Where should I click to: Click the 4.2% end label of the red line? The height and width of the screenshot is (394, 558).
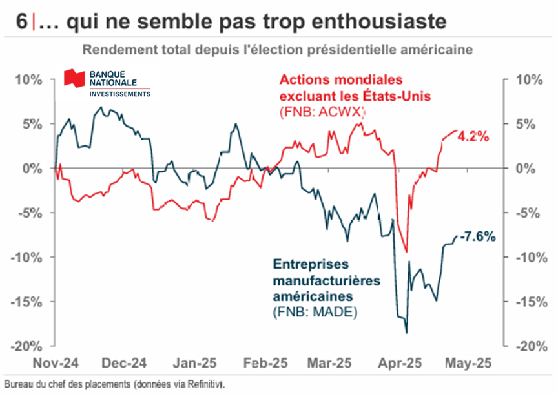(473, 136)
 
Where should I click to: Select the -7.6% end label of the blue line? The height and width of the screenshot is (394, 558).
(477, 236)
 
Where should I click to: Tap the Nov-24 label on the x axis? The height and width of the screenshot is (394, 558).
(56, 363)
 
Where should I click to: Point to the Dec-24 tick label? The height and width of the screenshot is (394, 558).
(124, 363)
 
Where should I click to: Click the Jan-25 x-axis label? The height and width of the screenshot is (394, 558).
(194, 363)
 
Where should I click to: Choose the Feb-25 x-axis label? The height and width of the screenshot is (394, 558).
(265, 363)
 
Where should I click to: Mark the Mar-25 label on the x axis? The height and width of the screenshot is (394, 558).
(329, 363)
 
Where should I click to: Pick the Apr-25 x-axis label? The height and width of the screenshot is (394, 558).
(400, 363)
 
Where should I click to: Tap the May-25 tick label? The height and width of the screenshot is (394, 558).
(469, 363)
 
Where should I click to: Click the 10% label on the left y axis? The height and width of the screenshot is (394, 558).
(29, 79)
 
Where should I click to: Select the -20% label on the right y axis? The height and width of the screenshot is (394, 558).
(532, 346)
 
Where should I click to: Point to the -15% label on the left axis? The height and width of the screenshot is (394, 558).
(26, 302)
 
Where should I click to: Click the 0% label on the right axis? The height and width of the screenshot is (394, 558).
(526, 169)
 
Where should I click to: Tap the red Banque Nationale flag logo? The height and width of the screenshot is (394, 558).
(74, 78)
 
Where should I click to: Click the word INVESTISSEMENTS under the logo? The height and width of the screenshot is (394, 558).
(120, 94)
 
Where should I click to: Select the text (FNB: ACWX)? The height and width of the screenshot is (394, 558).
(322, 112)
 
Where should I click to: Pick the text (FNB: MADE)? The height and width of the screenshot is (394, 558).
(315, 312)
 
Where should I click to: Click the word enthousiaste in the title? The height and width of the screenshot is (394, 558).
(379, 21)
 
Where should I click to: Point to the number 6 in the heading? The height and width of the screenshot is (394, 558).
(22, 21)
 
